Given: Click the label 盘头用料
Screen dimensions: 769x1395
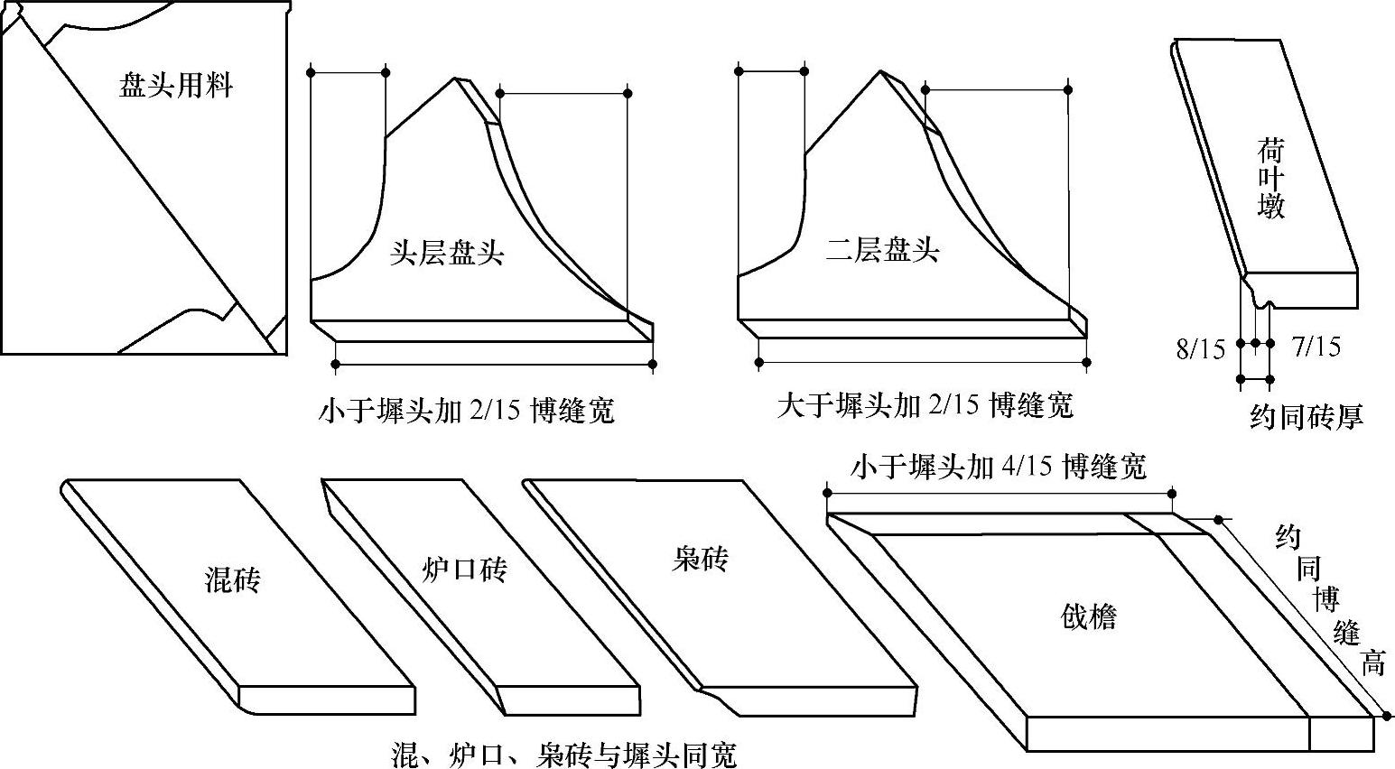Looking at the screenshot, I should pos(176,86).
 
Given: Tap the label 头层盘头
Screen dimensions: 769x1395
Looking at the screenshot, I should pos(447,253).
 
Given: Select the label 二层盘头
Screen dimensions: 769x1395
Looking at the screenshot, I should pos(882,249).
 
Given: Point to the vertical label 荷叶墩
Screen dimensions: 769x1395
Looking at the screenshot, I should pos(1270,178).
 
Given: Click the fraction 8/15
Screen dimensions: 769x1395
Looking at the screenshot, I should pos(1200,348).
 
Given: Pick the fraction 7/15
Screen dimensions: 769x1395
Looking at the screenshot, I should pos(1316,346).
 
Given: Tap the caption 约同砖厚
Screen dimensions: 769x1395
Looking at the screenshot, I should pos(1306,415).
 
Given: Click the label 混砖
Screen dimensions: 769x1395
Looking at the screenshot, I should pos(233,579).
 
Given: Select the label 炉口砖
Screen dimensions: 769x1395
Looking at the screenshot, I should pos(464,569).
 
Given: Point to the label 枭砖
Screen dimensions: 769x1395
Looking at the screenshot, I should pos(700,560).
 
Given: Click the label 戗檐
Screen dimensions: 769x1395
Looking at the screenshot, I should pos(1088,617).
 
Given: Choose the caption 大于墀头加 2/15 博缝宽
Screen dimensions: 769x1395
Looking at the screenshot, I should pos(925,406).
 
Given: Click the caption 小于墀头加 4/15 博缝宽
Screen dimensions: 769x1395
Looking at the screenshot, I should pos(998,467).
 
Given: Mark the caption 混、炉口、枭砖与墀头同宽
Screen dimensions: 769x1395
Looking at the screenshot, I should pos(563,754).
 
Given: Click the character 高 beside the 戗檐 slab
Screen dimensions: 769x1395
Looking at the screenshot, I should pos(1372,664).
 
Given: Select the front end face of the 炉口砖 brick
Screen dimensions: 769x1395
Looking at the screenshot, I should pos(569,700).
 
